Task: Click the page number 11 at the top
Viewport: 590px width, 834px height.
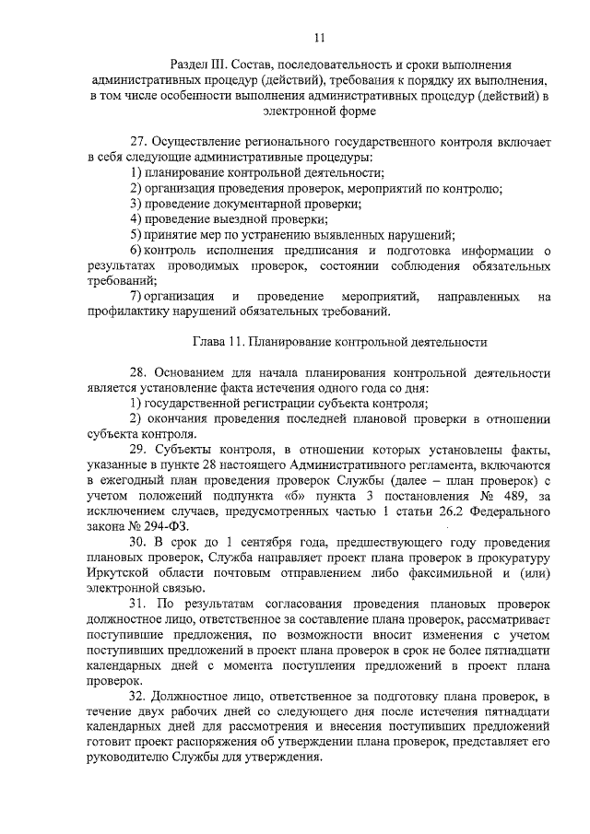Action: [320, 38]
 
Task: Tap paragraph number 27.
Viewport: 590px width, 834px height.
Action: [139, 142]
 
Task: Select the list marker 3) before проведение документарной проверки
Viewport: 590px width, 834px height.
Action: [136, 204]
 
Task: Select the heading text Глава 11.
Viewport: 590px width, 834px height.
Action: [220, 341]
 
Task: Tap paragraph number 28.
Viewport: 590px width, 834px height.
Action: [139, 372]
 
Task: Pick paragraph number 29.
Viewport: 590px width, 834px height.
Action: [139, 449]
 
